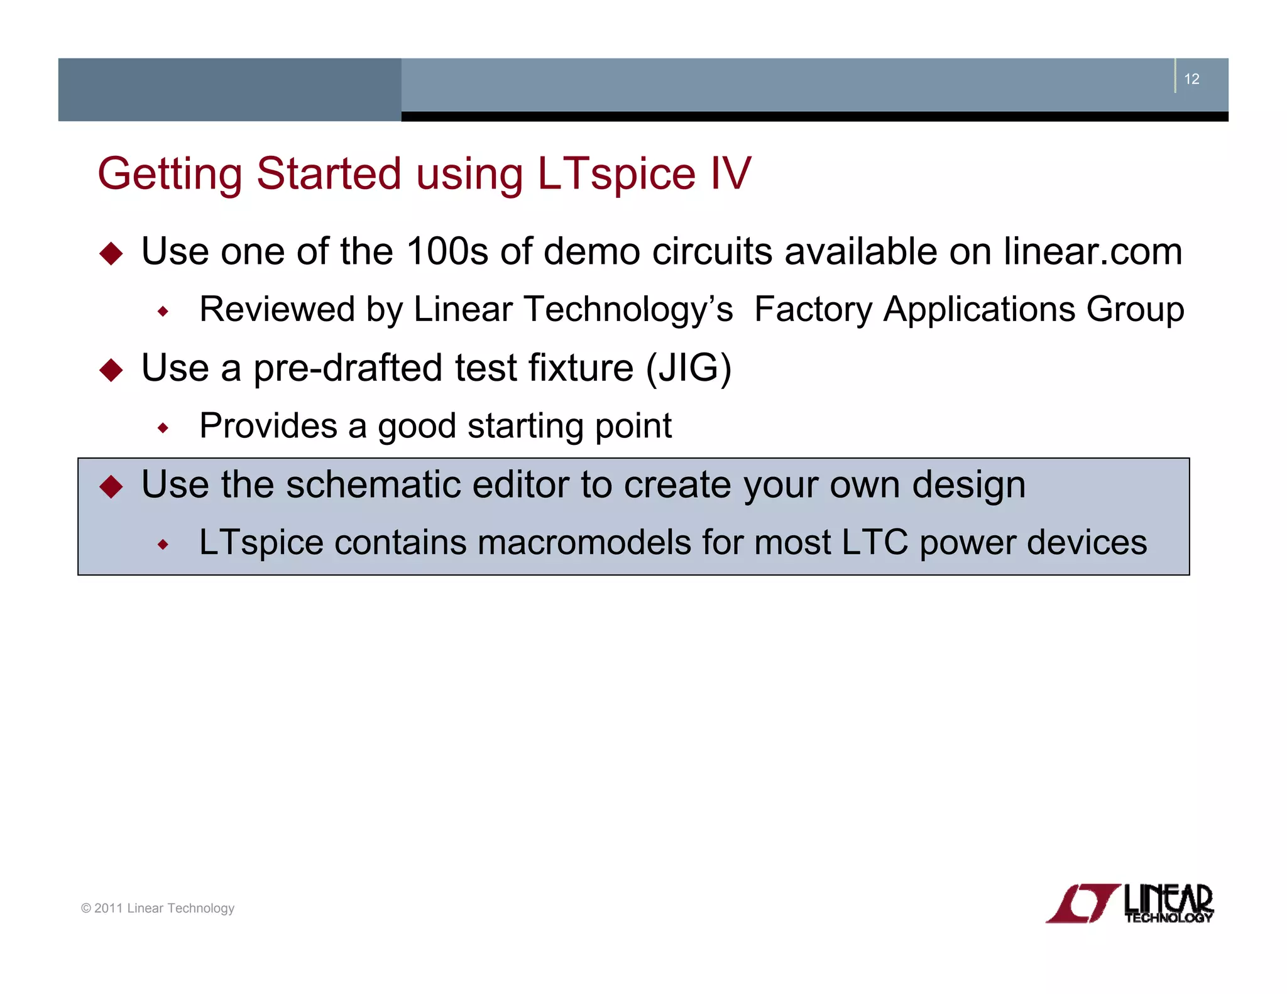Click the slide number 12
1191,79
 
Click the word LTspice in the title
616,174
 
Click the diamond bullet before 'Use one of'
111,253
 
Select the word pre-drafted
348,368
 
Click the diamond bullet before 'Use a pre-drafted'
111,369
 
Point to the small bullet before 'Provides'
163,428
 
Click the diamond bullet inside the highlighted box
111,486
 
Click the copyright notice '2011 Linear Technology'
158,908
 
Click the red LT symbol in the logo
1082,904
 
